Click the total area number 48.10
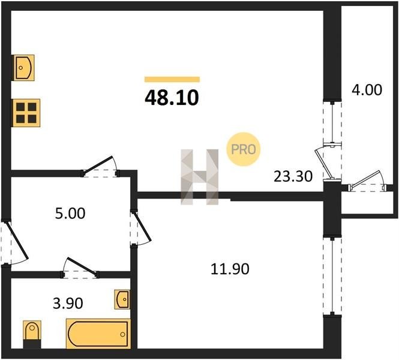(172, 98)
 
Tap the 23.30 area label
(293, 176)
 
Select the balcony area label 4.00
(367, 90)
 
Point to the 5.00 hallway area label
(70, 214)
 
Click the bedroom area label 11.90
(230, 269)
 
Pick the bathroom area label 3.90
(68, 303)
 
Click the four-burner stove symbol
(26, 113)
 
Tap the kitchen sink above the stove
(23, 68)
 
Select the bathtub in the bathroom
(98, 334)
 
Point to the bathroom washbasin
(122, 299)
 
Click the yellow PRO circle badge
(244, 149)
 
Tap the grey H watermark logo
(199, 177)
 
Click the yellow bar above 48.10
(172, 79)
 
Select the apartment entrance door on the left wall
(15, 242)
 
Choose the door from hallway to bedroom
(140, 228)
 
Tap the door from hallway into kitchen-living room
(100, 167)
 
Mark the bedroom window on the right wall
(332, 276)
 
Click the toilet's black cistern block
(32, 344)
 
